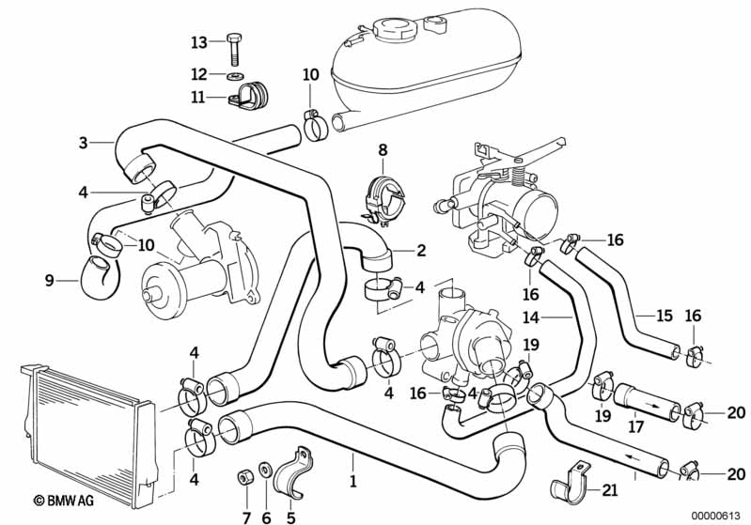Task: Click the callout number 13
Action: (x=197, y=42)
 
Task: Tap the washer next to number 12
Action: (x=233, y=73)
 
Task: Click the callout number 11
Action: (x=197, y=96)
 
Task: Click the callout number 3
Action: (x=84, y=143)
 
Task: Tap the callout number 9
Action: (x=50, y=279)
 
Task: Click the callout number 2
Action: (x=421, y=251)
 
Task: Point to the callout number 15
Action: (x=665, y=316)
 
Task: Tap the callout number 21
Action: (x=610, y=488)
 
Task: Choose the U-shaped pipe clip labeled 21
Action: (x=567, y=486)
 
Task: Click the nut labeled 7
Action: (x=243, y=477)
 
